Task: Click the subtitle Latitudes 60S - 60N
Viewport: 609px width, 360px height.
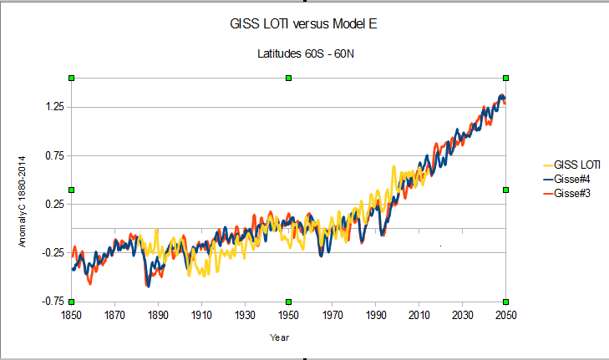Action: pyautogui.click(x=304, y=54)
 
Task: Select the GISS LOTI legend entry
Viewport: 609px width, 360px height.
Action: pyautogui.click(x=577, y=165)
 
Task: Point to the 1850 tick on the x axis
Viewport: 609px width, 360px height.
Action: pyautogui.click(x=72, y=315)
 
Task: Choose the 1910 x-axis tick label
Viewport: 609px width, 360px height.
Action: pyautogui.click(x=201, y=315)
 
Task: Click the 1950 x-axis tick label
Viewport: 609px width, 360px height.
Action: pyautogui.click(x=288, y=315)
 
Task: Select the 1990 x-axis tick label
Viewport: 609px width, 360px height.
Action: pyautogui.click(x=375, y=315)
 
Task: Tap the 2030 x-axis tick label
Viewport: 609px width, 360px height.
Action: pyautogui.click(x=462, y=315)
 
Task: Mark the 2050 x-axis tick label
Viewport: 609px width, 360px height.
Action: pyautogui.click(x=505, y=315)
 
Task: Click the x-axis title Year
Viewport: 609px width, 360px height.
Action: pyautogui.click(x=279, y=337)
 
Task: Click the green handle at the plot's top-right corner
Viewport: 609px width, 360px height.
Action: pyautogui.click(x=505, y=78)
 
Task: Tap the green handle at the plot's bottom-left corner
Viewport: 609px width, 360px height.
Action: pyautogui.click(x=72, y=302)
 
